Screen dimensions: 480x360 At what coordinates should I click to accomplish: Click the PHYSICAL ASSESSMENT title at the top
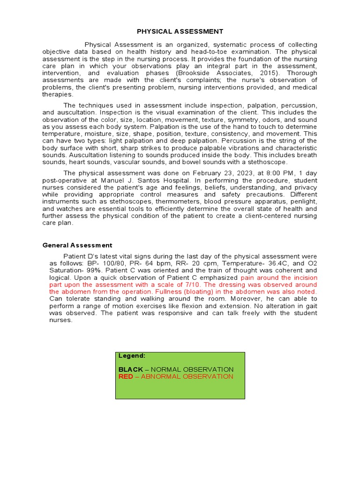click(180, 31)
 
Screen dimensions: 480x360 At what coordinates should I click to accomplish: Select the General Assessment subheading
click(77, 245)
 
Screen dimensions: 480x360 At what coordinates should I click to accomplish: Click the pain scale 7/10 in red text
click(192, 285)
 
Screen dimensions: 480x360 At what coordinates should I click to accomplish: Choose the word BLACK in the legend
click(130, 370)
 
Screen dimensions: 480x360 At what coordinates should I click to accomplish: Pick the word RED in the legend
click(126, 377)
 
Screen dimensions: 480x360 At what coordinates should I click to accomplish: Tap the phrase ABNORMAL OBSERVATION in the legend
click(187, 377)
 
